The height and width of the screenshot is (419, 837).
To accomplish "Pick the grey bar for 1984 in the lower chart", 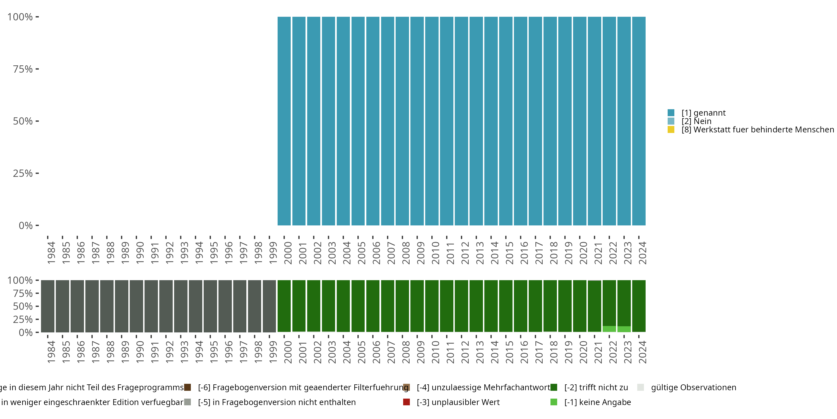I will click(x=48, y=306).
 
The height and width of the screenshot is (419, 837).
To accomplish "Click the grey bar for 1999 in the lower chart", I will click(x=269, y=306).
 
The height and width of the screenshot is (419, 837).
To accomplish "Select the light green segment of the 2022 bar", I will click(x=609, y=329).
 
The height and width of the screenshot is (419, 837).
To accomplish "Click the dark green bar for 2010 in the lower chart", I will click(x=432, y=306).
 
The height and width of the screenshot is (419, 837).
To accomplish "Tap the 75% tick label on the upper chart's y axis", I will click(x=23, y=69).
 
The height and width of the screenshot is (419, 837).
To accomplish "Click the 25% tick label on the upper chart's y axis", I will click(x=23, y=173).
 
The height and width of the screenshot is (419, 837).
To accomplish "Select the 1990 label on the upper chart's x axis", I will click(x=140, y=253).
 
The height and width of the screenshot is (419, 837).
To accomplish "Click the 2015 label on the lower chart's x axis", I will click(x=509, y=352).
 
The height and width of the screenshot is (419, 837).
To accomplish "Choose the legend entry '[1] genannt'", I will click(x=703, y=113).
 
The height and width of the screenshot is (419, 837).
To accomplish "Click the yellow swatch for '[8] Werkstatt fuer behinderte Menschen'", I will click(x=671, y=130).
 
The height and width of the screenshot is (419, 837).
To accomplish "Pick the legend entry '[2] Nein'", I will click(x=696, y=121).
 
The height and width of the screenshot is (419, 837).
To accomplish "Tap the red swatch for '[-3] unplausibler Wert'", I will click(x=407, y=402).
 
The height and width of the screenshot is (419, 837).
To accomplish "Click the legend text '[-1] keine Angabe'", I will click(x=598, y=402).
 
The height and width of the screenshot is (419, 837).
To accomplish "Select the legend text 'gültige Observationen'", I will click(x=693, y=387).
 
